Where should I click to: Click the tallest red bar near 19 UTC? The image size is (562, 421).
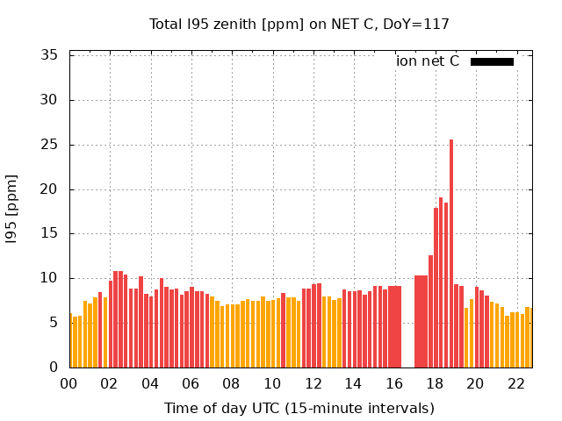(451, 254)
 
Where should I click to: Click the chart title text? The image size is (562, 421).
(299, 25)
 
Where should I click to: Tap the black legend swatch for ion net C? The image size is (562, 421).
(492, 61)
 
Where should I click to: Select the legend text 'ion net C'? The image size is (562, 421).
(428, 61)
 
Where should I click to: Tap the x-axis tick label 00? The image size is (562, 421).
(68, 384)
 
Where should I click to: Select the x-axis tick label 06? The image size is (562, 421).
(191, 384)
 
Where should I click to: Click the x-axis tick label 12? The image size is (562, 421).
(313, 384)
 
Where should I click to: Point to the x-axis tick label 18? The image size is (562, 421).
(435, 384)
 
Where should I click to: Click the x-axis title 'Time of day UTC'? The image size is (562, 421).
(263, 408)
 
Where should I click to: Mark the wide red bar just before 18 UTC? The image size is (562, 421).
(421, 322)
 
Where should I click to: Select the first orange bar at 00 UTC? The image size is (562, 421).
(71, 341)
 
